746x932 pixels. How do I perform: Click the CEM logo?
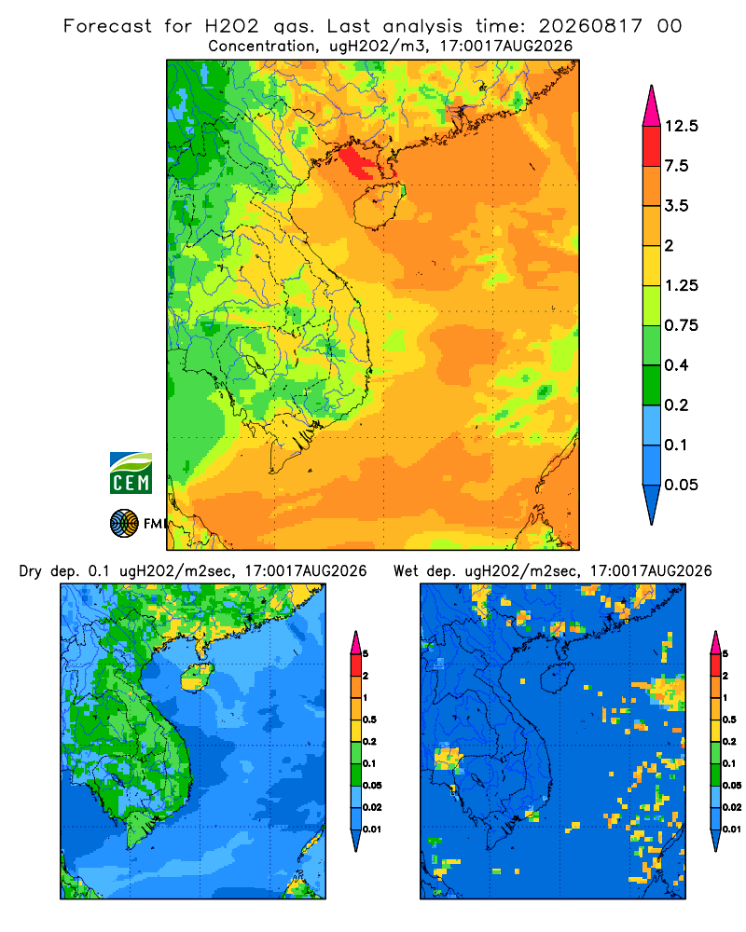(x=131, y=473)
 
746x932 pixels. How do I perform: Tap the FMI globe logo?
(x=124, y=524)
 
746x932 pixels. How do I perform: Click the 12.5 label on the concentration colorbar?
(x=681, y=126)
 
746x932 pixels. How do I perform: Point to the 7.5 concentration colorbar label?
(x=676, y=166)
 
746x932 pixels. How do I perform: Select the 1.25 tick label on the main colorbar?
(x=681, y=285)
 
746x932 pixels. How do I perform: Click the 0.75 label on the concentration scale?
(x=681, y=325)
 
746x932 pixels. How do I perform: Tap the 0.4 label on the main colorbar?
(x=676, y=365)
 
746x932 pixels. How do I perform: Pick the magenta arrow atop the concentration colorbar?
(x=652, y=106)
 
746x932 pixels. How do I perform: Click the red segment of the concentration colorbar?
(x=652, y=146)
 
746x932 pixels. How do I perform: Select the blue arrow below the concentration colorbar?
(x=652, y=504)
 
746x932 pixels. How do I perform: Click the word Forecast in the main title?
(x=107, y=26)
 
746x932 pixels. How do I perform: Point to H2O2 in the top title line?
(x=232, y=26)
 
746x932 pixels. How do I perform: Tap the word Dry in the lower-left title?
(x=31, y=571)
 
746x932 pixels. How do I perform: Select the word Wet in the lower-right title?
(x=406, y=571)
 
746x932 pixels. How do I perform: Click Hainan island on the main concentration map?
(x=377, y=206)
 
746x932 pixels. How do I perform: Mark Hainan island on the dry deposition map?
(x=196, y=677)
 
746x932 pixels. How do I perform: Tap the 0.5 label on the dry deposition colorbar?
(x=369, y=720)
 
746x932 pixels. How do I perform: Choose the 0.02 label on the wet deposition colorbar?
(x=731, y=807)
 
